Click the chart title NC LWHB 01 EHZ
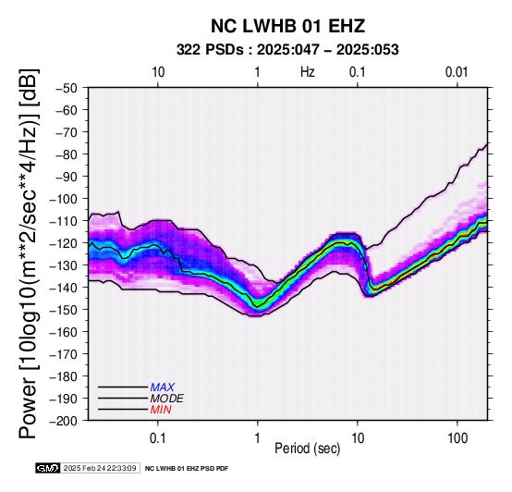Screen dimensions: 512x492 [x=287, y=26]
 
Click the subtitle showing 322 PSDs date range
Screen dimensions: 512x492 [x=287, y=50]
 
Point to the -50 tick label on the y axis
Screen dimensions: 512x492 [x=67, y=88]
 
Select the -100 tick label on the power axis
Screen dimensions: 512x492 [x=64, y=199]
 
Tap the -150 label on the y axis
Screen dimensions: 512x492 [x=64, y=310]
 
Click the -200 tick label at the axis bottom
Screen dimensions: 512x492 [x=64, y=421]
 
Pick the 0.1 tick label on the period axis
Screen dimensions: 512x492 [x=158, y=438]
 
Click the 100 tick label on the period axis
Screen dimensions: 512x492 [x=457, y=438]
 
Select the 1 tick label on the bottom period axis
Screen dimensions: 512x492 [x=258, y=438]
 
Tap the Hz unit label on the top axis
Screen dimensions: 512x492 [x=308, y=72]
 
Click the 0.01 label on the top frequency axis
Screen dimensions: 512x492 [x=457, y=72]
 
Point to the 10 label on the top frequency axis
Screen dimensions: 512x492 [x=158, y=72]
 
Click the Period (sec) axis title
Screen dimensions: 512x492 [x=308, y=449]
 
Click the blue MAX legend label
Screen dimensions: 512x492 [x=163, y=387]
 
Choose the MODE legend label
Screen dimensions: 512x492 [x=167, y=399]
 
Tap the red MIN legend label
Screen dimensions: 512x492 [x=161, y=410]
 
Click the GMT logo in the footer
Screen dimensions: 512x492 [x=48, y=468]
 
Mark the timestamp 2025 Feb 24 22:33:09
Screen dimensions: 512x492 [x=100, y=469]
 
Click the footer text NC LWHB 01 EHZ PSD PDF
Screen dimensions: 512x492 [x=187, y=469]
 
